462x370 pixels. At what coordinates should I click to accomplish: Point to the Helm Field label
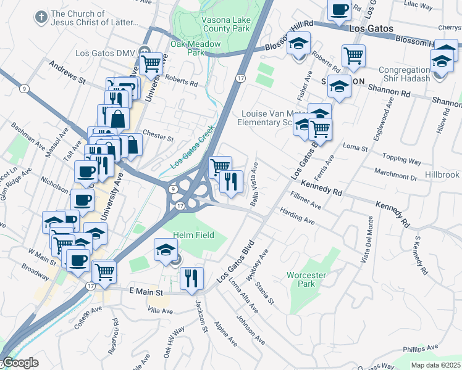[193, 235]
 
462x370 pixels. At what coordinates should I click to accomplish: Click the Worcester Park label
[301, 279]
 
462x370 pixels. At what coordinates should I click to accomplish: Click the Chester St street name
[158, 135]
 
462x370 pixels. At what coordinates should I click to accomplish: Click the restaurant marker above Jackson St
[191, 278]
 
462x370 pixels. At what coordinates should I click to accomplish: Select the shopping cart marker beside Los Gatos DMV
[151, 62]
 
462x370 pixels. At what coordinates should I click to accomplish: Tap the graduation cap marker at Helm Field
[165, 250]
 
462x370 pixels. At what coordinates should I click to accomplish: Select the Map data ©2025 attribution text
[435, 365]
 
